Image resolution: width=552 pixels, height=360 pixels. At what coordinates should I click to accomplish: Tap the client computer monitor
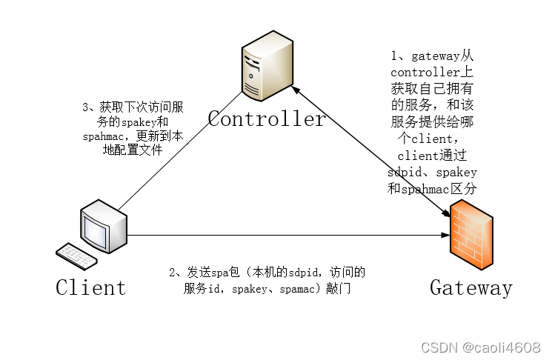[x=104, y=227]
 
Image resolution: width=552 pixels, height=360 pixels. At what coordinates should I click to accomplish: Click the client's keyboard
[x=76, y=256]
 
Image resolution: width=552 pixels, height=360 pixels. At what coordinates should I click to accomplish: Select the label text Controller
[x=266, y=119]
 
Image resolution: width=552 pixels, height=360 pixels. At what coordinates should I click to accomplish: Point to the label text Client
[x=90, y=287]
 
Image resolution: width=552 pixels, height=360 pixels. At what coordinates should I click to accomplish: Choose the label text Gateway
[x=470, y=287]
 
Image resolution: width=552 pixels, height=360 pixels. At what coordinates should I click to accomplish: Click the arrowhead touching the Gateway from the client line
[x=445, y=236]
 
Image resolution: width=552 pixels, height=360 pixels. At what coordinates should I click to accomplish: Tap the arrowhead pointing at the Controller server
[x=294, y=89]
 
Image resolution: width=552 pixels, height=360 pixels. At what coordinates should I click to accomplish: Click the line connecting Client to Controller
[x=178, y=152]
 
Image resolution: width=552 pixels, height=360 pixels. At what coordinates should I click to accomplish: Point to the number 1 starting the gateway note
[x=395, y=56]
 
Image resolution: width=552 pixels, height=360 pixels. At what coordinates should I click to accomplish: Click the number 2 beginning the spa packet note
[x=173, y=273]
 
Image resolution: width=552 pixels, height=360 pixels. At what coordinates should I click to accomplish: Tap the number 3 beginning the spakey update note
[x=85, y=107]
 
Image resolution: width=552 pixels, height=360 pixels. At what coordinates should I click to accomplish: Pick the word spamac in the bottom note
[x=302, y=290]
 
